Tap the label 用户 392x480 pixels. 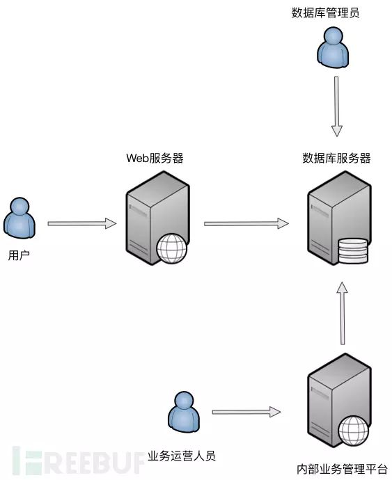(19, 255)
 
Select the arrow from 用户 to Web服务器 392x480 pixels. (81, 223)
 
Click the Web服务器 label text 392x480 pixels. (155, 158)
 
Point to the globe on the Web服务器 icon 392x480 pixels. (171, 248)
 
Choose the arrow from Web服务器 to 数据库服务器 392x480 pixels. (246, 223)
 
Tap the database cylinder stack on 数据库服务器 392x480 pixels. (352, 251)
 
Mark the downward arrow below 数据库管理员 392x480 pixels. (337, 106)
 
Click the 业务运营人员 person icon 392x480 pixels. (183, 411)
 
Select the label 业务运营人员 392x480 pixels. (182, 456)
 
